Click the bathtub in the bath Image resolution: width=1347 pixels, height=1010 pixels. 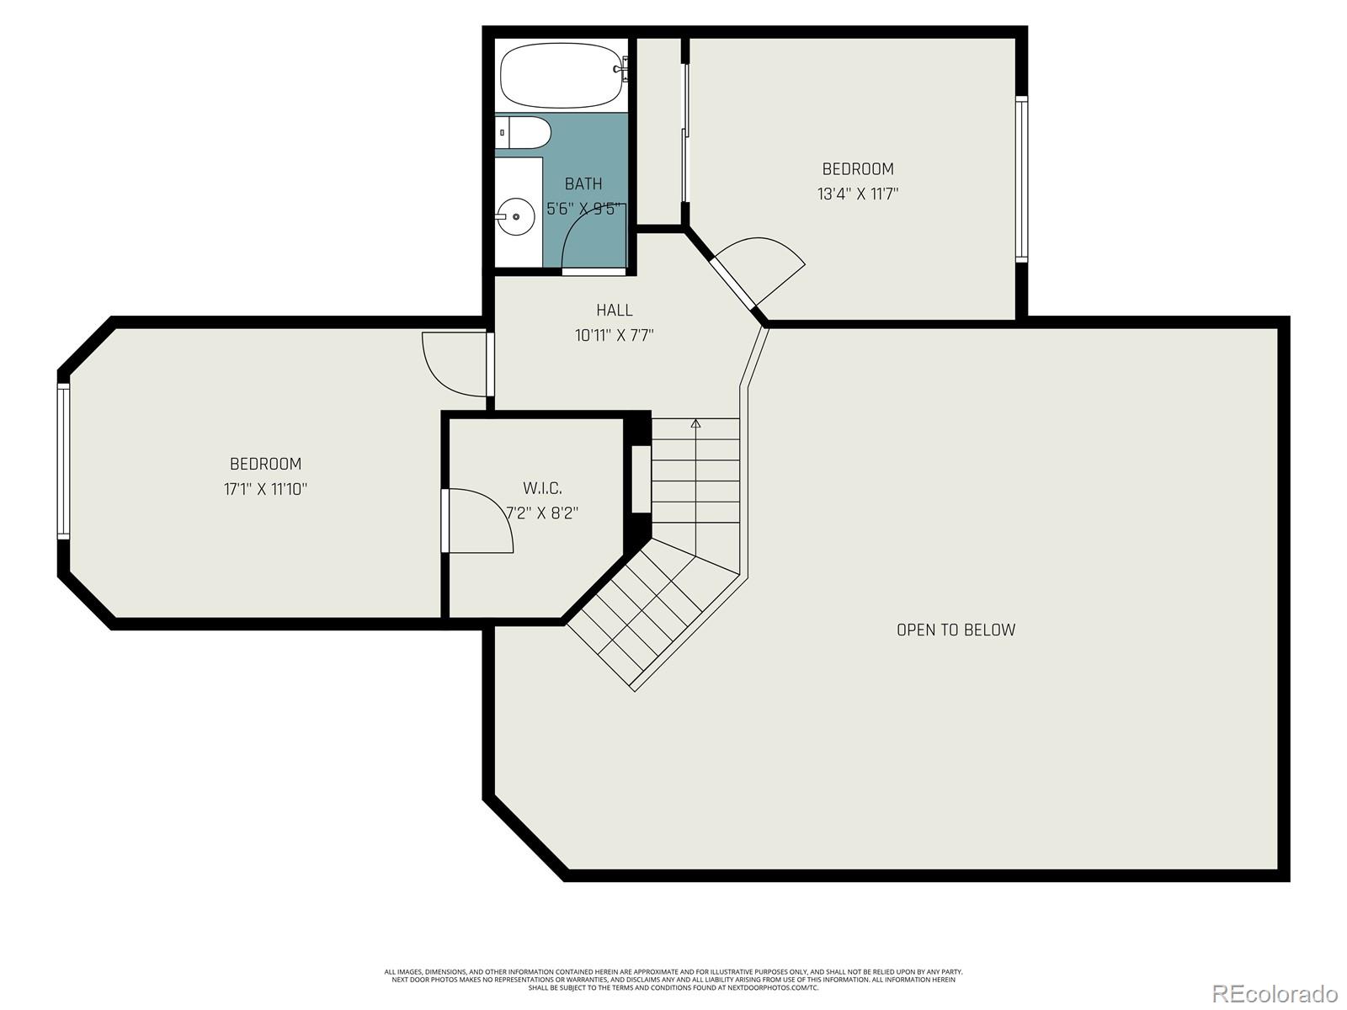coord(562,77)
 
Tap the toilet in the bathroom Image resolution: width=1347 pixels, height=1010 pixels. coord(526,132)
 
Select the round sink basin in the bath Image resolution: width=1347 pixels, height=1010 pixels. coord(515,217)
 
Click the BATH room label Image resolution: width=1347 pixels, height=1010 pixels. coord(583,183)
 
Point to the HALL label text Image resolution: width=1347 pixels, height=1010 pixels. coord(615,311)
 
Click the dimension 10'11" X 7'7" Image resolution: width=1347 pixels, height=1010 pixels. coord(615,336)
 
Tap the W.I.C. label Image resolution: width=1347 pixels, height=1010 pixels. coord(542,488)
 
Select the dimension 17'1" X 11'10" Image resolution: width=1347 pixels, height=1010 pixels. coord(265,489)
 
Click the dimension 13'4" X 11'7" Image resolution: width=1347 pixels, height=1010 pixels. coord(858,194)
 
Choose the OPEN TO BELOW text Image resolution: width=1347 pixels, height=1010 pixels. coord(956,630)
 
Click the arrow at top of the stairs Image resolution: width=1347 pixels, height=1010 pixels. coord(695,423)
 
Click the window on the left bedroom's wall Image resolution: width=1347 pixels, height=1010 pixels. coord(63,460)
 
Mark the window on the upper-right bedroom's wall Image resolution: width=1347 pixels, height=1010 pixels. coord(1021,178)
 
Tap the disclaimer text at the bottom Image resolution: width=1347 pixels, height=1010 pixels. coord(673,979)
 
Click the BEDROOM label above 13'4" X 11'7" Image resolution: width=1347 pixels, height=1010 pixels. coord(858,168)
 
